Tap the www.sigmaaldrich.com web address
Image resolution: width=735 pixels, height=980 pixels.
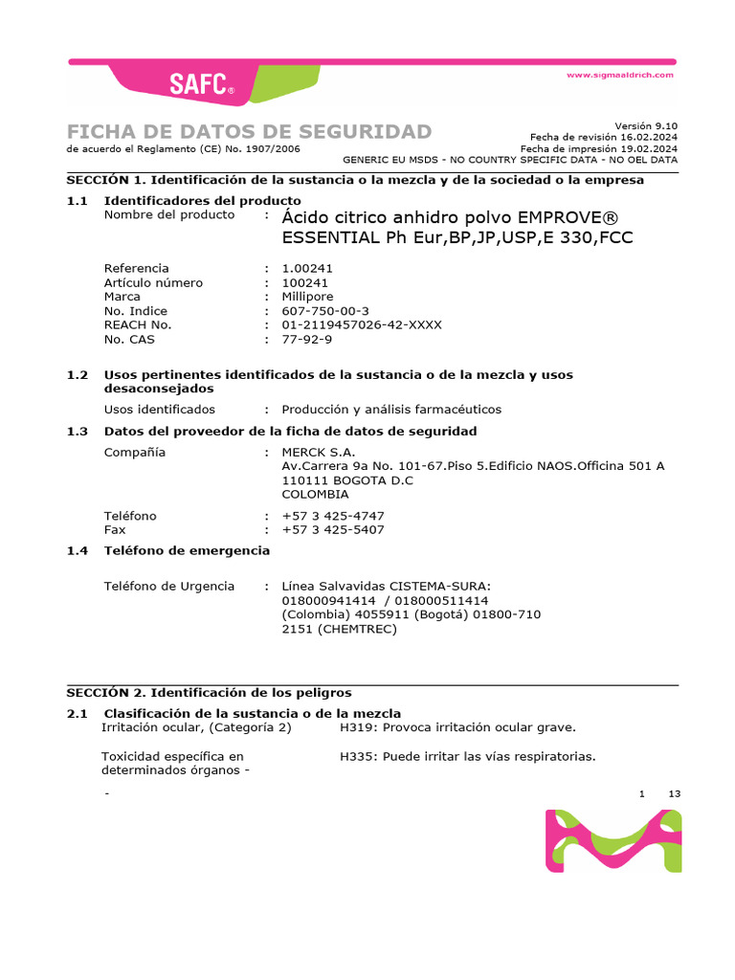tap(620, 75)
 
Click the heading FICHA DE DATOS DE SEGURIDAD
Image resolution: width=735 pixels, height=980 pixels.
tap(249, 132)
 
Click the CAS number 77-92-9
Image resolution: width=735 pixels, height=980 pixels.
tap(307, 340)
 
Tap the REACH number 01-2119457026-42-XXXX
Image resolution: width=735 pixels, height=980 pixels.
tap(362, 325)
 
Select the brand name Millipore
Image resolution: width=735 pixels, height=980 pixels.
tap(311, 297)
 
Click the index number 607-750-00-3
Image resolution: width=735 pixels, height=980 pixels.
tap(325, 311)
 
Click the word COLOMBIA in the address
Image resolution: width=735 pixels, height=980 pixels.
tap(316, 495)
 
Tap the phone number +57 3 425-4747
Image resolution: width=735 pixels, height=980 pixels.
tap(333, 517)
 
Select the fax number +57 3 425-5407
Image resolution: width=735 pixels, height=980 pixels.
tap(333, 530)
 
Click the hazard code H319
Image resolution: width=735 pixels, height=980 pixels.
tap(357, 727)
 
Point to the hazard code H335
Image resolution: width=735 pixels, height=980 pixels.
tap(357, 757)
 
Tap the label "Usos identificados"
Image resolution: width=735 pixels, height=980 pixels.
tap(160, 410)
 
